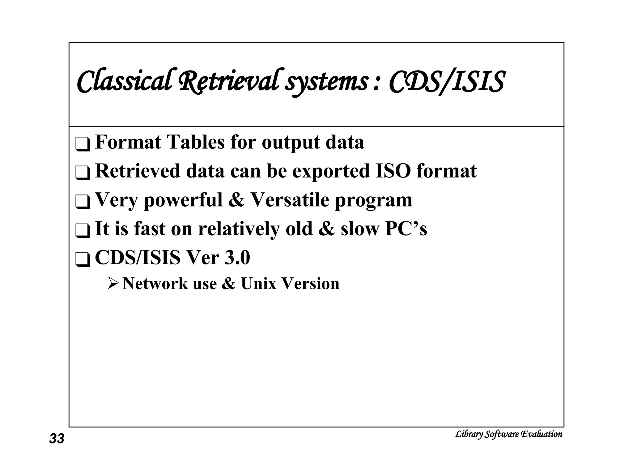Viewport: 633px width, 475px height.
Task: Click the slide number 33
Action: tap(57, 439)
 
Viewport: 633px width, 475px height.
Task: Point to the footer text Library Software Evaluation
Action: tap(508, 434)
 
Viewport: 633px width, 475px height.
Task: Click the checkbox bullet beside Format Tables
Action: tap(83, 144)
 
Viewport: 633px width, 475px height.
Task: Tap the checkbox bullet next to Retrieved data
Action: tap(83, 173)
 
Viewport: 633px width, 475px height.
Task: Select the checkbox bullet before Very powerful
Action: tap(83, 202)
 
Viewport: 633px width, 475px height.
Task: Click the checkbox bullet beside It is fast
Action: tap(83, 231)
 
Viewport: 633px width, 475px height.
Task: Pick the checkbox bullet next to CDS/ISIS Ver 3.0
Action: tap(83, 260)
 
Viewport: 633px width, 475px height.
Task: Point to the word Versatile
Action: tap(290, 200)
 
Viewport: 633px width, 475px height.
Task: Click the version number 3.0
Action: tap(237, 258)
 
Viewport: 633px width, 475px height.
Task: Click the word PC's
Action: tap(406, 229)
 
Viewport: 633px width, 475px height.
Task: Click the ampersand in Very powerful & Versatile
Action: tap(236, 200)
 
